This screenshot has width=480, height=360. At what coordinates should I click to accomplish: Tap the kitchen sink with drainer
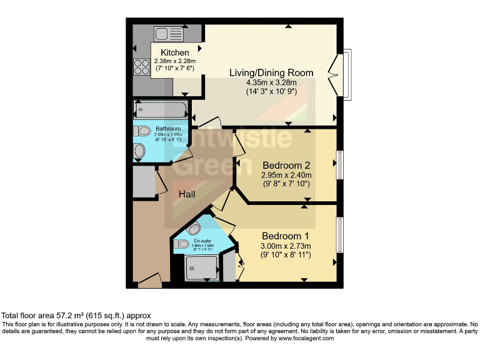[x=167, y=33]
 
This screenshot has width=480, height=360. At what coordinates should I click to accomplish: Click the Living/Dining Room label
[x=271, y=72]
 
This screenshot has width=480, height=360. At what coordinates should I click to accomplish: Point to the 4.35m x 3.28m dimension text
[x=271, y=82]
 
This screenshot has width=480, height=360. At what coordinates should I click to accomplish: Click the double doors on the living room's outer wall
[x=342, y=73]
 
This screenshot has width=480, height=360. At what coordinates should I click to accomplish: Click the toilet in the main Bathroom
[x=143, y=131]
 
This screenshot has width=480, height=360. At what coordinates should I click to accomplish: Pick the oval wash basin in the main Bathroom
[x=140, y=151]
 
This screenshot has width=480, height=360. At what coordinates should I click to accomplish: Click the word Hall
[x=187, y=194]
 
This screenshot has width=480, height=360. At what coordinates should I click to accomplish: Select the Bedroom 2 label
[x=286, y=166]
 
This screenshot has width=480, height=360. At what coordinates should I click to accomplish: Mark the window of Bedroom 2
[x=340, y=166]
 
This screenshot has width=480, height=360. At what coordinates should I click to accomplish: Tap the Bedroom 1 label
[x=286, y=236]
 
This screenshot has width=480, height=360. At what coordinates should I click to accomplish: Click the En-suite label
[x=201, y=241]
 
